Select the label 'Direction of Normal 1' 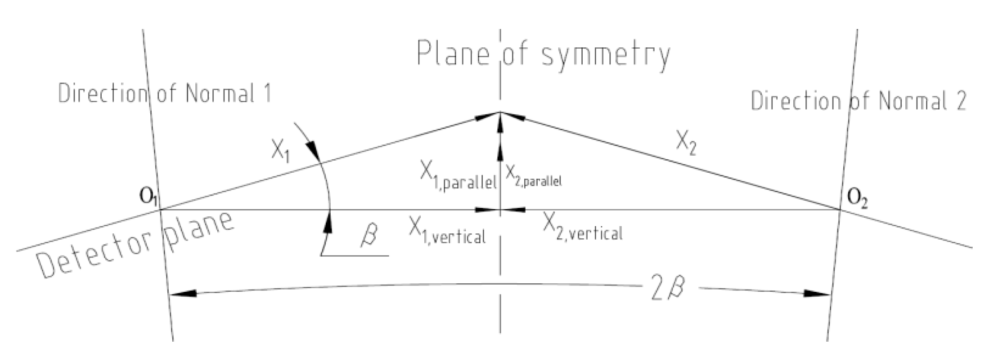(x=165, y=94)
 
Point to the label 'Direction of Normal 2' (x=859, y=100)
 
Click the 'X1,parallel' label (x=458, y=178)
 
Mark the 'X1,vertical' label (x=447, y=232)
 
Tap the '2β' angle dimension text (x=667, y=291)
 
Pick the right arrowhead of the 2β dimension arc (x=817, y=294)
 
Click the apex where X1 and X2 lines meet (x=500, y=112)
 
